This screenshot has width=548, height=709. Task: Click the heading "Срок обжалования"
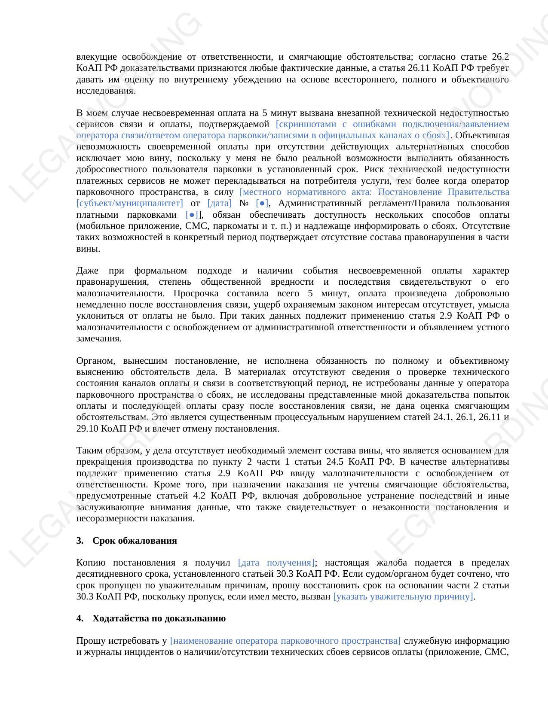(135, 540)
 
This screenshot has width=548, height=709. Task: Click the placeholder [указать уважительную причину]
(403, 596)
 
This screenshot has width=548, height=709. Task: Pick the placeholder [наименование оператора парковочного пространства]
(285, 641)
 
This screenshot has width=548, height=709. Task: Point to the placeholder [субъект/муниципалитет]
(129, 203)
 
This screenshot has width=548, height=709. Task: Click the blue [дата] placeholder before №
(219, 203)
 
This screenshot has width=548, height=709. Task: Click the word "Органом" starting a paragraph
(95, 361)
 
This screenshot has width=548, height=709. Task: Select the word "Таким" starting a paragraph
(90, 450)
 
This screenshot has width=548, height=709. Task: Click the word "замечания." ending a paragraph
(99, 338)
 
